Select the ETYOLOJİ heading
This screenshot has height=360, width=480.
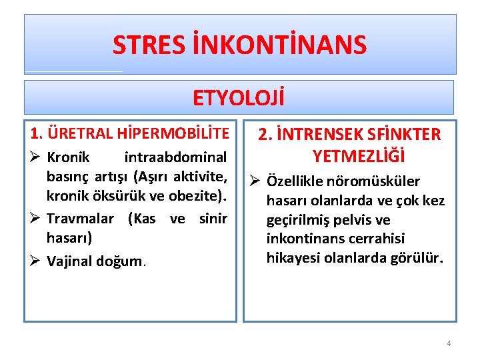(x=239, y=98)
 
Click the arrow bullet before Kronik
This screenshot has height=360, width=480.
(x=37, y=159)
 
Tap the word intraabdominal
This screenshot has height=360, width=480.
(x=176, y=159)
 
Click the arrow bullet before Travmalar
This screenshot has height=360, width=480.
(x=37, y=219)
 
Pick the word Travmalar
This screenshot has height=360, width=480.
(x=79, y=219)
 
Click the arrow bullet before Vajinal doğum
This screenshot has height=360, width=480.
(x=37, y=261)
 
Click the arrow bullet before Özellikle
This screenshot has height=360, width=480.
(x=255, y=182)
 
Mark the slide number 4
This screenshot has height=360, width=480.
(x=449, y=343)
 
